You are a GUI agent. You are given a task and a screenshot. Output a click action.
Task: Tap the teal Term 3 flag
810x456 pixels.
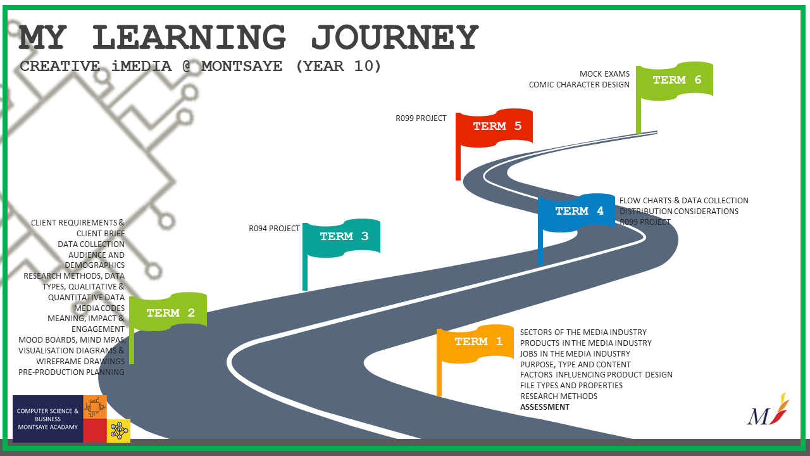(344, 237)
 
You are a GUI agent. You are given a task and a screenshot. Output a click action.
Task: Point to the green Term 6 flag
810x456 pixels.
(676, 80)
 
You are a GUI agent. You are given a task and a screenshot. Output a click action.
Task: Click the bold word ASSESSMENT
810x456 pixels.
(545, 407)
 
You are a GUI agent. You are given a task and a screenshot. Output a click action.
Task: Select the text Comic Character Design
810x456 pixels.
(579, 85)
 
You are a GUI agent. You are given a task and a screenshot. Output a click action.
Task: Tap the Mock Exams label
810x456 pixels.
(604, 74)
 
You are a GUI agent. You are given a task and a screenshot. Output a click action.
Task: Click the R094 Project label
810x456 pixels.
(274, 228)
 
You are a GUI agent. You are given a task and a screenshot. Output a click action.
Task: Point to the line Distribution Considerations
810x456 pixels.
(679, 212)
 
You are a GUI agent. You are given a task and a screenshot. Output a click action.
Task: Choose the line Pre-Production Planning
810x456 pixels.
(72, 372)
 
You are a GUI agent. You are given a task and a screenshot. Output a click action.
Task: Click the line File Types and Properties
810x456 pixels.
(571, 385)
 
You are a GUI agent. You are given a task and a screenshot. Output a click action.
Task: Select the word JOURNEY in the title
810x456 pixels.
(394, 38)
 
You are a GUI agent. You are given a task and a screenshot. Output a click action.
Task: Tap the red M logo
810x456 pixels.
(768, 412)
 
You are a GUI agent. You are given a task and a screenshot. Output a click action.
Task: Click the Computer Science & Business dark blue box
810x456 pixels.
(48, 419)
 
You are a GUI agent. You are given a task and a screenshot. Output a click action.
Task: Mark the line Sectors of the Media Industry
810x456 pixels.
(583, 332)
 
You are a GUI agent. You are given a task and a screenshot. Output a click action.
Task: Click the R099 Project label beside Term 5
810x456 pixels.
(421, 118)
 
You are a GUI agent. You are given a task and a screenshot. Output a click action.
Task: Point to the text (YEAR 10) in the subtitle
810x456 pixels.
(339, 66)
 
